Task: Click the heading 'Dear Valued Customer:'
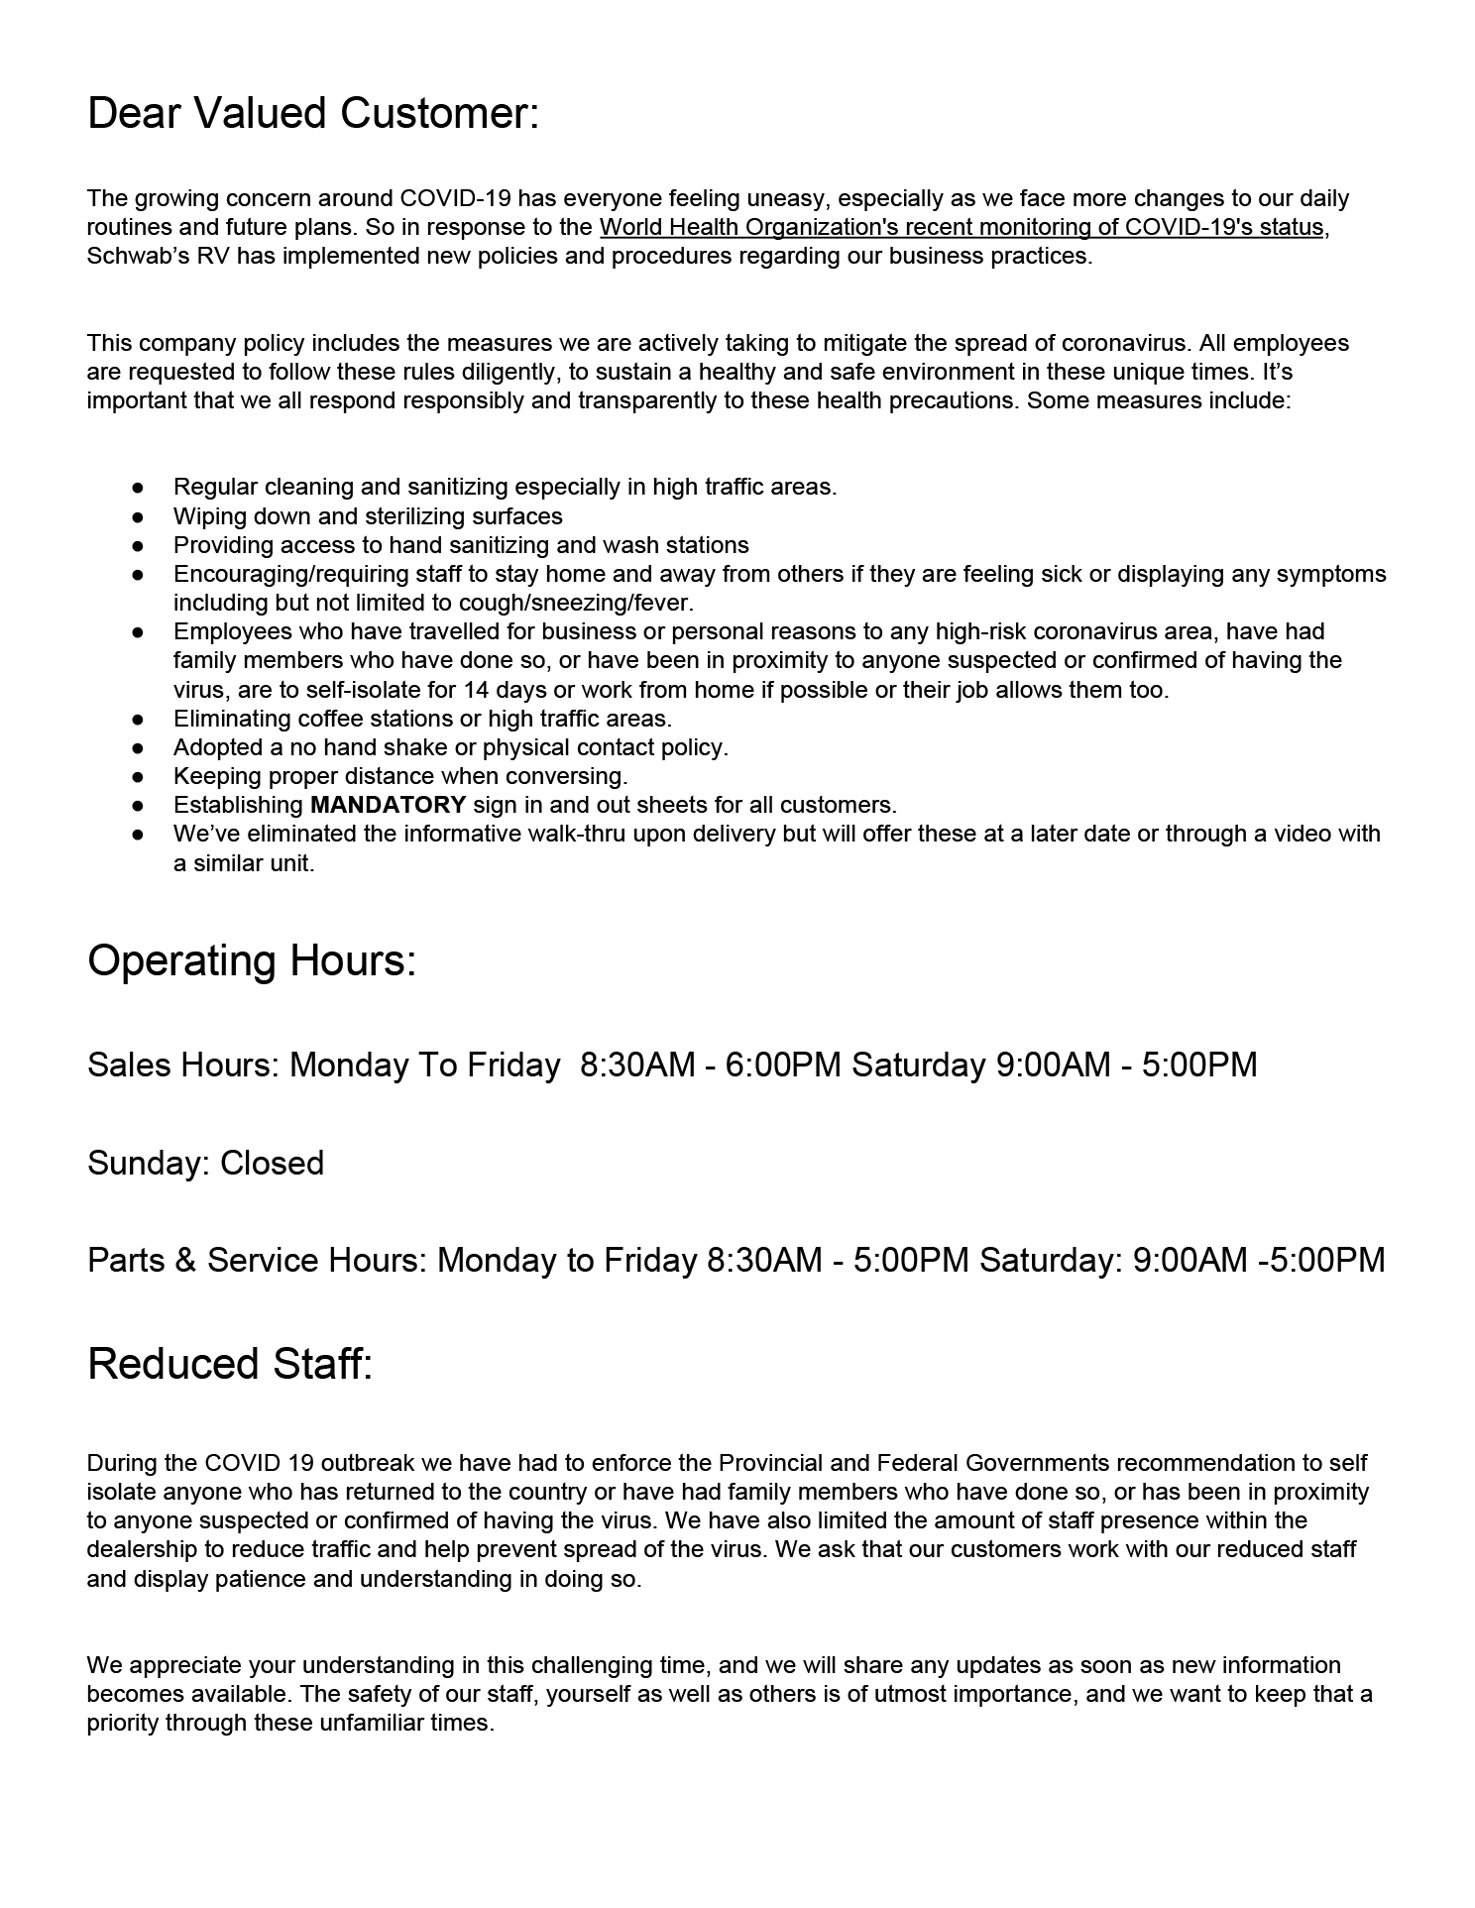(313, 114)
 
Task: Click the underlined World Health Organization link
(961, 227)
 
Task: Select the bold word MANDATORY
(388, 805)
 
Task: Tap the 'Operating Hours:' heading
(252, 960)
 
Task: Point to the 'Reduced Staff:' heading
(230, 1364)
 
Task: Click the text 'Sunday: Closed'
(205, 1163)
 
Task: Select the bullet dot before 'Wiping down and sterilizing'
(139, 516)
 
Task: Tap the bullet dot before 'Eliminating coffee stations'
(139, 719)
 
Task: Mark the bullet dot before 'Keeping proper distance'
(139, 776)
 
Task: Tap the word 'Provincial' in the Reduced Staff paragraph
(770, 1463)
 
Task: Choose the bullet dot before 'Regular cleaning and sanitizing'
(139, 488)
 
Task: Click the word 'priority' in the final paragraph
(123, 1723)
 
